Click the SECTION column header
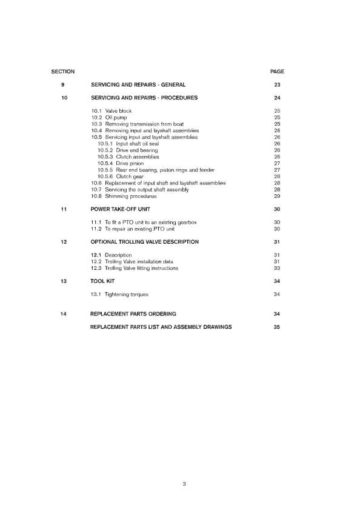(63, 72)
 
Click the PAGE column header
(276, 72)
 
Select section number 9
(63, 84)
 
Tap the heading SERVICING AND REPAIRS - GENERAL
(138, 84)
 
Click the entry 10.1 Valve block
(111, 111)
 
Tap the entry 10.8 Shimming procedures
(123, 196)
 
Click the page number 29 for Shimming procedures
(276, 196)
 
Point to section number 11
(63, 209)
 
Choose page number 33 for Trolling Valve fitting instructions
(276, 268)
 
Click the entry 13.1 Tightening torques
(119, 294)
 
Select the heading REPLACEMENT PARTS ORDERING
(133, 314)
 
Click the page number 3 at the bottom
(183, 483)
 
